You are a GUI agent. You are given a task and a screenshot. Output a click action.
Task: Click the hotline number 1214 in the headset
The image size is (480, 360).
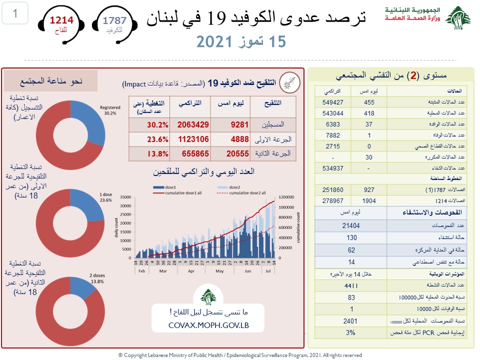pos(61,20)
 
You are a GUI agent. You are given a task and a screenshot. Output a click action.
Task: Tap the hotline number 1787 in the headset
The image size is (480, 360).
pos(114,20)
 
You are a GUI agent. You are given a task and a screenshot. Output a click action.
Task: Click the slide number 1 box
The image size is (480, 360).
pos(15,14)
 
